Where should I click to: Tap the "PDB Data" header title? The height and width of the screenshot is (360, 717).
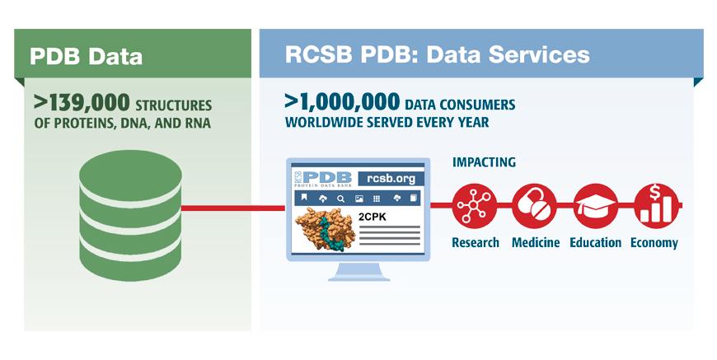point(86,57)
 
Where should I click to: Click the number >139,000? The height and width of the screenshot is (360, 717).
point(82,103)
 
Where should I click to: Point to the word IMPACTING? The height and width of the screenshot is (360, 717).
point(484,162)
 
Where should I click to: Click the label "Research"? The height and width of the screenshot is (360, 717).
point(476,242)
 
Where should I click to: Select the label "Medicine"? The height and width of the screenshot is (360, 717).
point(535,242)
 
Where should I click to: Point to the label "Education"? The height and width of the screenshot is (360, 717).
point(595,242)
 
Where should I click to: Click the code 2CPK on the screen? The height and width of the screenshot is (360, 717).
point(373,217)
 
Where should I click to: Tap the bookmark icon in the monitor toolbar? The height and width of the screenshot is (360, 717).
point(303,199)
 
